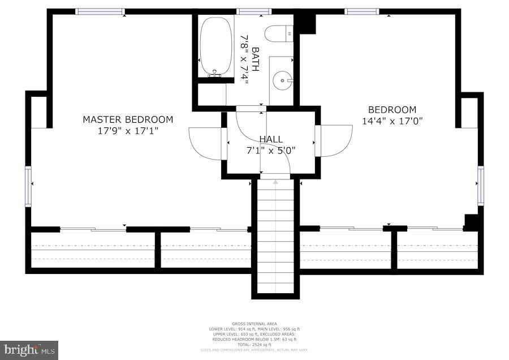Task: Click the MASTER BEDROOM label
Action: point(128,119)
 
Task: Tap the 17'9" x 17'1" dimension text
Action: point(128,131)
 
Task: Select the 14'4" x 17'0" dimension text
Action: point(392,121)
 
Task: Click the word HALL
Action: point(271,139)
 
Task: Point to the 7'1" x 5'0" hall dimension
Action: point(271,151)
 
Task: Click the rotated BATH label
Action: point(255,59)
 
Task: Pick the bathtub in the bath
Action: point(215,46)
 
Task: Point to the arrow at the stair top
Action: point(275,182)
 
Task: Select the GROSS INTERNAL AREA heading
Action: point(255,324)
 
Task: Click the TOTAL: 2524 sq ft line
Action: point(255,344)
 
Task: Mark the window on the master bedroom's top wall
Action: point(100,11)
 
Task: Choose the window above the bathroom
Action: point(254,11)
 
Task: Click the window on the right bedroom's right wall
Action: point(481,185)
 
